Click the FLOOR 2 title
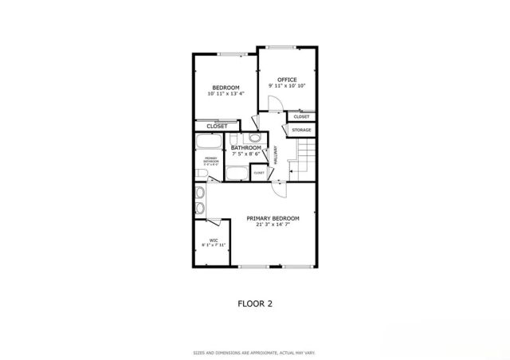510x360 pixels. point(256,303)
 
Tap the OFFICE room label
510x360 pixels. point(287,79)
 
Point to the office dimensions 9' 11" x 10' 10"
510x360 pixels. point(287,85)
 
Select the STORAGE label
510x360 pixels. point(301,130)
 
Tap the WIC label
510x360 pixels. point(214,240)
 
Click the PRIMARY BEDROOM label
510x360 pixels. point(273,218)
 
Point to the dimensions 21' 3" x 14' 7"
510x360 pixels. point(273,225)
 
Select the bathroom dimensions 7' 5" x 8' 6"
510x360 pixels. point(245,155)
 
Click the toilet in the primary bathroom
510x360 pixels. point(203,174)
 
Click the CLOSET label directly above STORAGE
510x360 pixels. point(301,117)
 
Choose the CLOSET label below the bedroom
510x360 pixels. point(217,127)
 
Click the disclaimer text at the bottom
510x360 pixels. point(255,351)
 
